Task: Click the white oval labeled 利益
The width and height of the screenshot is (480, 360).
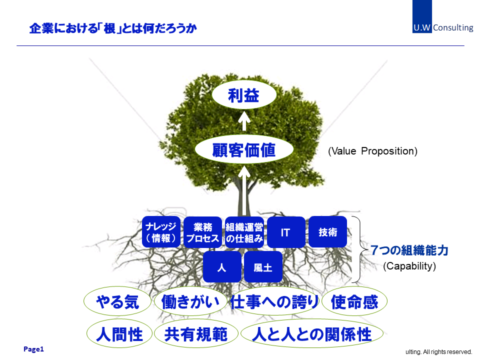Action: click(244, 95)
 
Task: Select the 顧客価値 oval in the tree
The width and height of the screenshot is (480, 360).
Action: click(244, 149)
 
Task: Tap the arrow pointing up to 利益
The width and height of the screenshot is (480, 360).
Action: click(244, 121)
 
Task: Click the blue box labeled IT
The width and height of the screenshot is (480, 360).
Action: click(286, 232)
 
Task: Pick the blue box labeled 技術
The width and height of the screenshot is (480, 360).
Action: click(327, 231)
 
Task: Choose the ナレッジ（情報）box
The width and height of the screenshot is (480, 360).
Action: click(161, 231)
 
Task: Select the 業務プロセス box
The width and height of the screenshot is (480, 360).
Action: click(202, 232)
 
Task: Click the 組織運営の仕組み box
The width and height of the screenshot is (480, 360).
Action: click(244, 232)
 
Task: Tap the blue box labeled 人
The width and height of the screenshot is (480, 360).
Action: click(222, 267)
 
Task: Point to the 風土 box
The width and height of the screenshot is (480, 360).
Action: click(263, 267)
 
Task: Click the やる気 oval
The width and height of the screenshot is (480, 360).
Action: click(117, 301)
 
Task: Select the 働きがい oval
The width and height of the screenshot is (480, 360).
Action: click(190, 301)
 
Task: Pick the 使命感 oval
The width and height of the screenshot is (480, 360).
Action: click(354, 301)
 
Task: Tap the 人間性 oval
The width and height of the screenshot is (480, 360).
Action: click(119, 333)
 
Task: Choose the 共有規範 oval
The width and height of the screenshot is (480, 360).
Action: click(196, 333)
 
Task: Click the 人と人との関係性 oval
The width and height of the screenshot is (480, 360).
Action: click(312, 333)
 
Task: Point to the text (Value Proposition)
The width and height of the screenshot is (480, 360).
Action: click(372, 151)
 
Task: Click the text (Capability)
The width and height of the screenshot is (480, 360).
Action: click(409, 266)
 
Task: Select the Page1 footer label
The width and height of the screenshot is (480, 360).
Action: click(33, 349)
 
